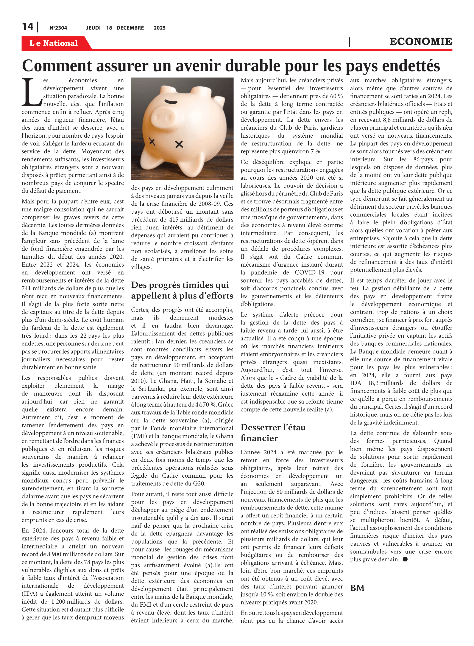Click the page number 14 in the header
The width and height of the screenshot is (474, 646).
(28, 27)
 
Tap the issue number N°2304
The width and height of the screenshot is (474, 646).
(58, 28)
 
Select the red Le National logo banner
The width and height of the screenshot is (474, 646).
(54, 43)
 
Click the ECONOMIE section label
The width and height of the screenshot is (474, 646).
(420, 42)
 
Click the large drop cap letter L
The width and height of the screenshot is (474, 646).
(31, 92)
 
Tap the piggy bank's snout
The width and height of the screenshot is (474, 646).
(163, 117)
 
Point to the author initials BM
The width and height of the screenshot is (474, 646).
(357, 588)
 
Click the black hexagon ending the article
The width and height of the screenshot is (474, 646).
(405, 559)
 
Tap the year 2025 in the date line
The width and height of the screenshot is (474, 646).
(159, 28)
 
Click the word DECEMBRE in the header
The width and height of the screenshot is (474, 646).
(130, 28)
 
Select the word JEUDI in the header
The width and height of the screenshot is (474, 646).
(93, 28)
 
